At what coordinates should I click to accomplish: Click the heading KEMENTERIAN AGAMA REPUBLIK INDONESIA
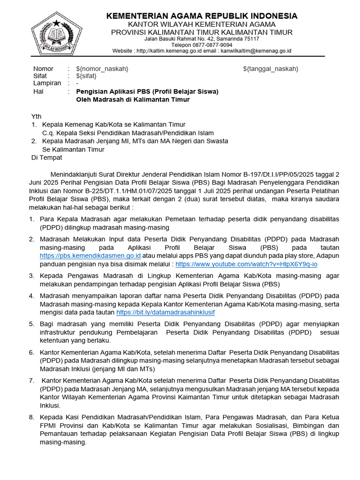pyautogui.click(x=202, y=16)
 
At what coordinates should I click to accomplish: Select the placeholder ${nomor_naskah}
pyautogui.click(x=102, y=69)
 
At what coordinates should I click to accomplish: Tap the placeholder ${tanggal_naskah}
pyautogui.click(x=270, y=69)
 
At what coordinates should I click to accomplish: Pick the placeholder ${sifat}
pyautogui.click(x=88, y=76)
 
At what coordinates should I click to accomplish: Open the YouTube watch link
pyautogui.click(x=247, y=264)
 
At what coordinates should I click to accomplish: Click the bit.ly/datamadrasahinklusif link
pyautogui.click(x=165, y=312)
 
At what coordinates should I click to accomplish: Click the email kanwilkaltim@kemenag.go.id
pyautogui.click(x=256, y=51)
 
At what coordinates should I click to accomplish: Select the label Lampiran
pyautogui.click(x=47, y=83)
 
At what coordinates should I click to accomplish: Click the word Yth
pyautogui.click(x=37, y=116)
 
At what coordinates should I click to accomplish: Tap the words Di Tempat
pyautogui.click(x=46, y=157)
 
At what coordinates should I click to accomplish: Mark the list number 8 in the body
pyautogui.click(x=31, y=417)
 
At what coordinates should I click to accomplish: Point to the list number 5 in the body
pyautogui.click(x=31, y=324)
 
